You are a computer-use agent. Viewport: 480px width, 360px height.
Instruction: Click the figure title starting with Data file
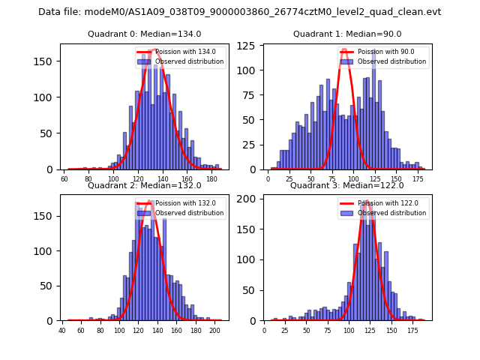tap(239, 12)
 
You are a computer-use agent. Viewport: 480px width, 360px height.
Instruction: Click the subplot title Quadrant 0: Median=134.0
tap(144, 34)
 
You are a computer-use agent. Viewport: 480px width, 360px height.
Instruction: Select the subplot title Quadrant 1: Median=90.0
tap(347, 34)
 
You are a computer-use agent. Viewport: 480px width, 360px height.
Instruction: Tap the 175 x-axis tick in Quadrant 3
tap(412, 330)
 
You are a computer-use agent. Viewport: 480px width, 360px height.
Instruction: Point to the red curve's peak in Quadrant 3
tap(366, 202)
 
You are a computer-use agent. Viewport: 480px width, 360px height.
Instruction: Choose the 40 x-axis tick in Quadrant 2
tap(62, 330)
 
